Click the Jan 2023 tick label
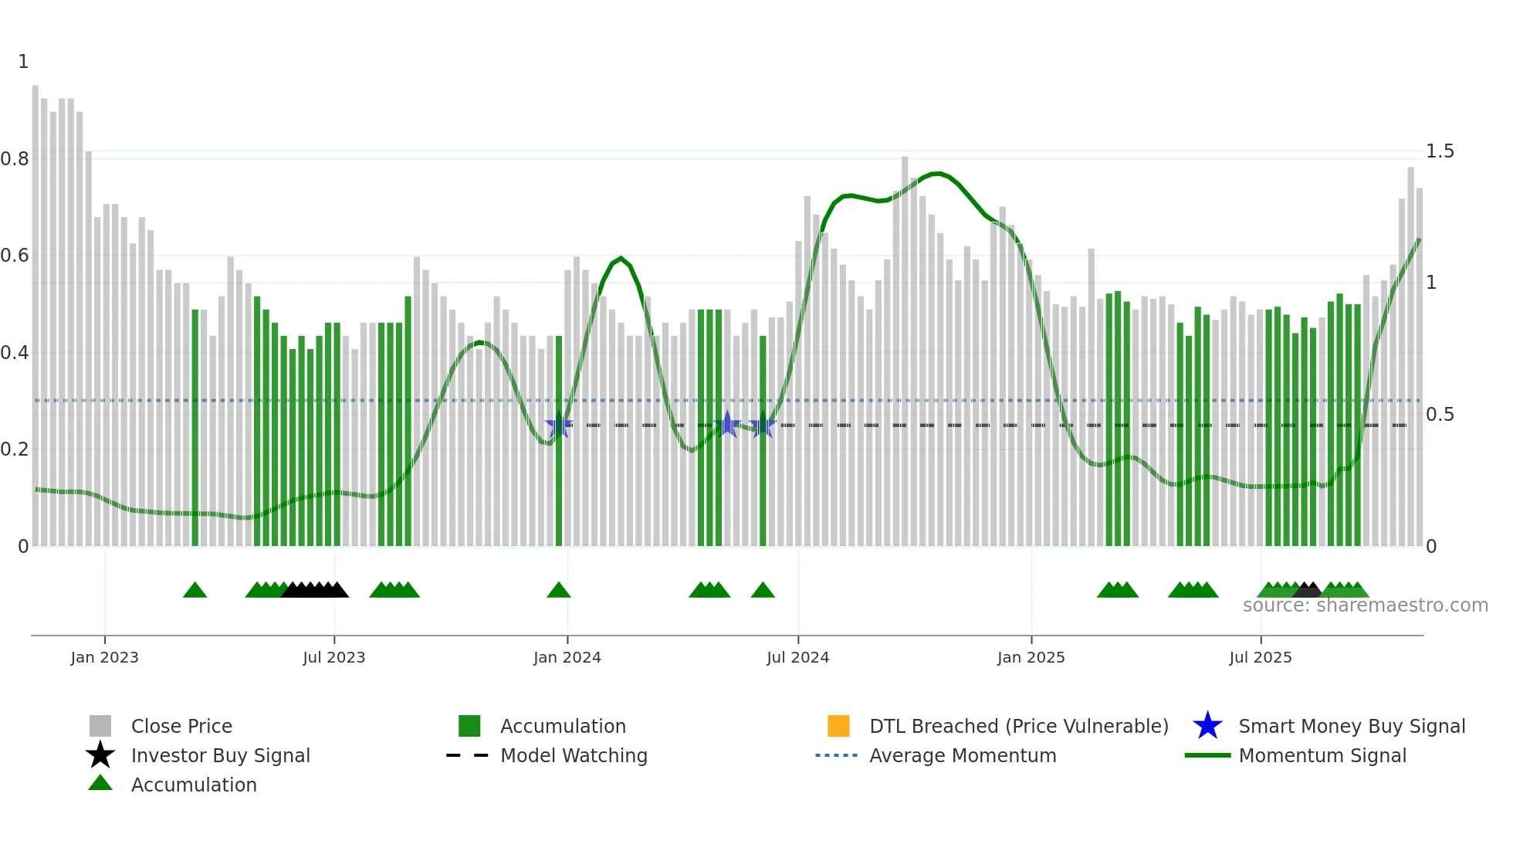[104, 657]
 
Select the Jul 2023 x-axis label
[333, 657]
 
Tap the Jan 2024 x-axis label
[567, 657]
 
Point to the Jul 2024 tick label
[797, 657]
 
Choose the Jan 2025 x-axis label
[1031, 657]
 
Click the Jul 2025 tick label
[1260, 657]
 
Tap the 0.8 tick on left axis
[15, 159]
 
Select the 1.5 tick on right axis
[1440, 151]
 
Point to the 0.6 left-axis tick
[15, 256]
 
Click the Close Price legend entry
[181, 726]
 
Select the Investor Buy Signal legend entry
[220, 755]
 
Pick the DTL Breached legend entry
[1018, 726]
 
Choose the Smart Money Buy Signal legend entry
[1351, 726]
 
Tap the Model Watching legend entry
[574, 755]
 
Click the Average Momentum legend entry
[963, 755]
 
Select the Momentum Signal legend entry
[1322, 755]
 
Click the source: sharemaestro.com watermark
[1365, 605]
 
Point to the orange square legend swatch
[838, 726]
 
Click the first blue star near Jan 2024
[558, 425]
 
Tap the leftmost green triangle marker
[195, 591]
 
